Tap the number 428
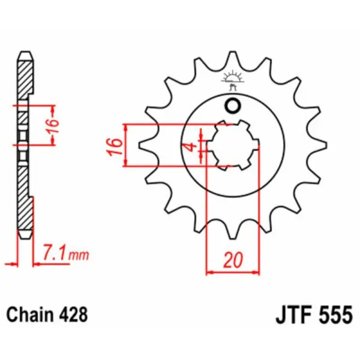[x=74, y=314]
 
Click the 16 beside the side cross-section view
[x=53, y=125]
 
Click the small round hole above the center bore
[x=232, y=106]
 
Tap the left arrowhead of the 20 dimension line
[x=209, y=273]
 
